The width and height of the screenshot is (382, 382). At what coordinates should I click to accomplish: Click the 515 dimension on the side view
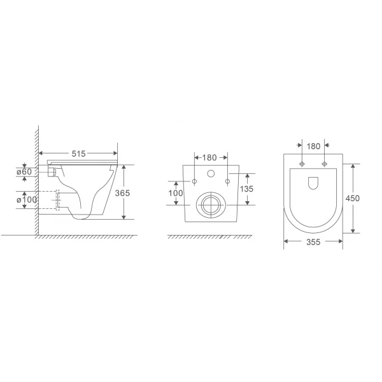click(x=78, y=154)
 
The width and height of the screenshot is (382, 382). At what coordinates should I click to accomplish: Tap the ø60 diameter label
click(x=24, y=171)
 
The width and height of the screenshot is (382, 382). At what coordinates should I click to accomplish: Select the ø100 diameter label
click(x=24, y=200)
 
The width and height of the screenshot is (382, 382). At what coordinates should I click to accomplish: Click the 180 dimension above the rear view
click(x=211, y=156)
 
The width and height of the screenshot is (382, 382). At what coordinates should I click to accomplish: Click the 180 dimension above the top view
click(x=313, y=146)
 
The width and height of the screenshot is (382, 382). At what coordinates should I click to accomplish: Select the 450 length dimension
click(x=353, y=198)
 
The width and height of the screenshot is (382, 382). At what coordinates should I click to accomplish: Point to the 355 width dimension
click(x=313, y=243)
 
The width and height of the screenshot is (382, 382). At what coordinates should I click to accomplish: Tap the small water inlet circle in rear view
click(x=211, y=174)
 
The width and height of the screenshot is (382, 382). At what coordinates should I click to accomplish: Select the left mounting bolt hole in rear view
click(x=194, y=183)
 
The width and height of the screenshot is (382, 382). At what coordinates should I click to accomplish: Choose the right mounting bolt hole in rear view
click(x=227, y=183)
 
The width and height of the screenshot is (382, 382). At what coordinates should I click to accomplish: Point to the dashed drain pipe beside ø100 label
click(x=59, y=200)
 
